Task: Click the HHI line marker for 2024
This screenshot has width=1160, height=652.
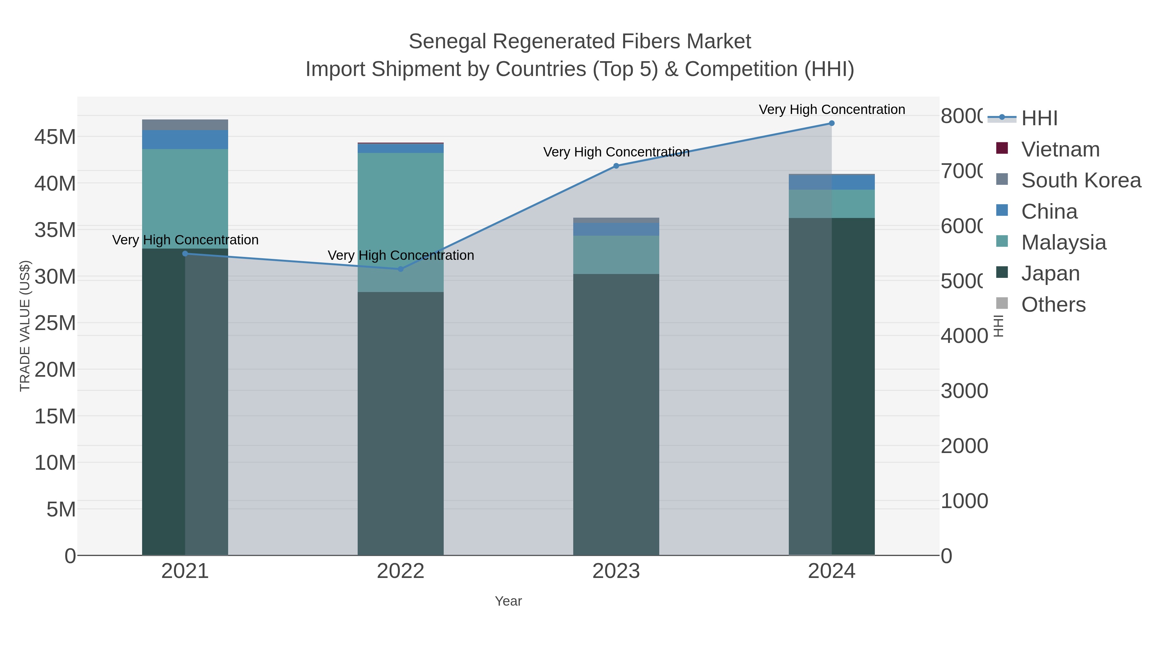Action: (831, 123)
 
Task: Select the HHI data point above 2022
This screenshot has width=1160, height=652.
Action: (400, 269)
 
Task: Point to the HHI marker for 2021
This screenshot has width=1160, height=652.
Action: (185, 254)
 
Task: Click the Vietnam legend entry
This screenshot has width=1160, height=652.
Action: (1060, 149)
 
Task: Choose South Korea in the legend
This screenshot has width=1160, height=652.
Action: (1081, 180)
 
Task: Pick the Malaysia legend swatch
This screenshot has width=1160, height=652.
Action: (1002, 241)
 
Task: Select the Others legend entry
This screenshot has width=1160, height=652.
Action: (1053, 305)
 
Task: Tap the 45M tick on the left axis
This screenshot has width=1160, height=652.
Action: (55, 137)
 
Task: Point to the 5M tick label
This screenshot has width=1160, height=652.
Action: (61, 509)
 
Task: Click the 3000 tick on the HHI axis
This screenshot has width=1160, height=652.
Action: (964, 391)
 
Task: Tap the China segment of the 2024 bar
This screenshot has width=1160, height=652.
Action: (831, 182)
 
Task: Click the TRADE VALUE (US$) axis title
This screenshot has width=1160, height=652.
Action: (25, 326)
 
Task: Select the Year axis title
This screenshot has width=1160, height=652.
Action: (508, 601)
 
